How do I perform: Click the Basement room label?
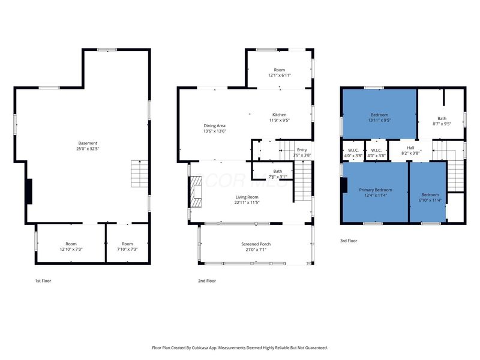pyautogui.click(x=88, y=143)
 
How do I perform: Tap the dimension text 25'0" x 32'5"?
pyautogui.click(x=88, y=149)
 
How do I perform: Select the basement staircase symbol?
pyautogui.click(x=140, y=173)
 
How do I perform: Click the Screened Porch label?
pyautogui.click(x=256, y=244)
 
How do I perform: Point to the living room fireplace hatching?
pyautogui.click(x=196, y=192)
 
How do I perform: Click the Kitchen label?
pyautogui.click(x=280, y=115)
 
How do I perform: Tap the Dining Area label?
pyautogui.click(x=215, y=125)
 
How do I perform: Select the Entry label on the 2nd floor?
pyautogui.click(x=302, y=149)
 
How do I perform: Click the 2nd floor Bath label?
pyautogui.click(x=278, y=171)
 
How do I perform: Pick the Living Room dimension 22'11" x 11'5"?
pyautogui.click(x=247, y=202)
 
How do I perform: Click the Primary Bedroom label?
pyautogui.click(x=376, y=190)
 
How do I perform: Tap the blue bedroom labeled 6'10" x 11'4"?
pyautogui.click(x=428, y=191)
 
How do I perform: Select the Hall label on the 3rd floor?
pyautogui.click(x=410, y=148)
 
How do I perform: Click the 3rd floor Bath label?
pyautogui.click(x=442, y=118)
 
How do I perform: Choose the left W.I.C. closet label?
pyautogui.click(x=353, y=151)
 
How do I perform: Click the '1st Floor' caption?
pyautogui.click(x=43, y=281)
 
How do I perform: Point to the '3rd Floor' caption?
pyautogui.click(x=349, y=241)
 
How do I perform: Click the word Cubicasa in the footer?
pyautogui.click(x=200, y=348)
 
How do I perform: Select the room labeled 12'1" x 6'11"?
pyautogui.click(x=279, y=70)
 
